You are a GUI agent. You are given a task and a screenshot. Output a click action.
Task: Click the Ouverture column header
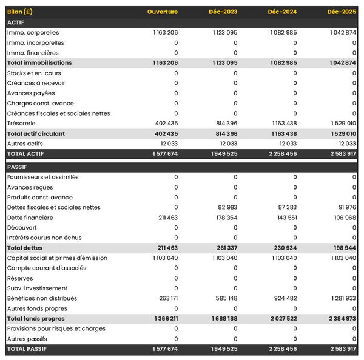(x=163, y=12)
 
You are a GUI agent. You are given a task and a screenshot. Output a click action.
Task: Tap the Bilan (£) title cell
(x=20, y=12)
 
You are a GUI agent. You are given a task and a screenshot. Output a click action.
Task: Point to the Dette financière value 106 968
(x=342, y=218)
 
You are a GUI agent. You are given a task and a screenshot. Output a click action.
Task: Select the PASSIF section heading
(x=17, y=167)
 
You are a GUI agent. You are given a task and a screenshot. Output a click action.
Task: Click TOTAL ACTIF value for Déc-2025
(x=341, y=154)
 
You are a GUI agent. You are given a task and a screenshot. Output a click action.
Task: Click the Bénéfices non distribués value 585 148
(x=223, y=298)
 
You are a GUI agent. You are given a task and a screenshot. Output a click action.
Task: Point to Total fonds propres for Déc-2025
(x=341, y=319)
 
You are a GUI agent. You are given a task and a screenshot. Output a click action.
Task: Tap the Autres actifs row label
(x=25, y=143)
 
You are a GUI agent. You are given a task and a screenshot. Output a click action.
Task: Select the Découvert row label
(x=22, y=228)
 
